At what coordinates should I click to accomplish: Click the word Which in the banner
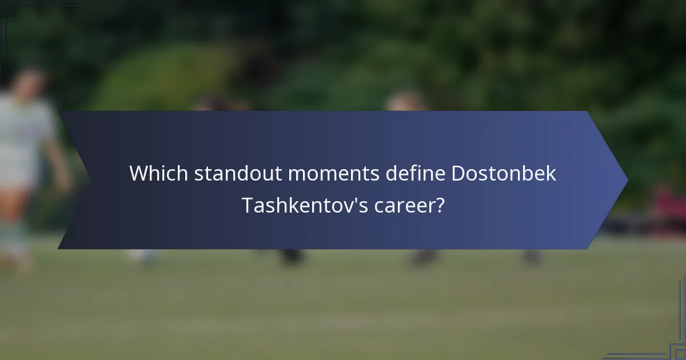tap(158, 173)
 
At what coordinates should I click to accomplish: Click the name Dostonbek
tap(504, 173)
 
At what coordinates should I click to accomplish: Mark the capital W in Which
tap(139, 173)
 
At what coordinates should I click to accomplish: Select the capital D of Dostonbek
tap(458, 173)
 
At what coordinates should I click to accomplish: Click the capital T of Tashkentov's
tap(247, 205)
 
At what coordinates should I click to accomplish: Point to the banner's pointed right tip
tap(627, 180)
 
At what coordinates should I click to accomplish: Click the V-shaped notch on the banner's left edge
tap(89, 180)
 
